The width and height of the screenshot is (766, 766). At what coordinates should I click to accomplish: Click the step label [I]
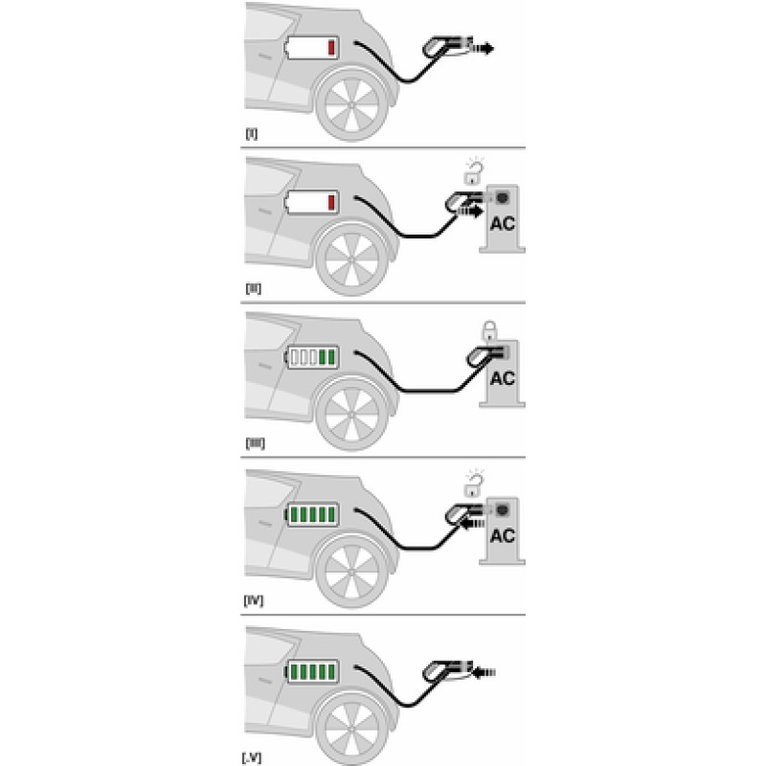[251, 133]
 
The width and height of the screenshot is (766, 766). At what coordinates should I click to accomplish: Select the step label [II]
[253, 288]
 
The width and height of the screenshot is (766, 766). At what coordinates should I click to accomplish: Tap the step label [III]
[255, 443]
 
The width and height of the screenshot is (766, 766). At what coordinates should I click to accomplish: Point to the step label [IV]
[254, 600]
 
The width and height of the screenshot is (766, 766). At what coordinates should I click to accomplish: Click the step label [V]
[252, 757]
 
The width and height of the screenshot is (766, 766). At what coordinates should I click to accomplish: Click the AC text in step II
[502, 224]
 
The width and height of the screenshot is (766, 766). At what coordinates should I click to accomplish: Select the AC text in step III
[502, 378]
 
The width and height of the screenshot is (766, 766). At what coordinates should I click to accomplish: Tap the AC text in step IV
[502, 536]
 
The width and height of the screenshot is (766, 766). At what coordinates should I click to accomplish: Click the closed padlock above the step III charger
[489, 330]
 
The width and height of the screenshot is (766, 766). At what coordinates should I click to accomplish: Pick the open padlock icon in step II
[473, 173]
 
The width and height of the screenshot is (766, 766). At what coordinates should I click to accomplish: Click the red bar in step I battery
[331, 47]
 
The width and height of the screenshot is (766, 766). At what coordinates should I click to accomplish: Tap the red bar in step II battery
[331, 202]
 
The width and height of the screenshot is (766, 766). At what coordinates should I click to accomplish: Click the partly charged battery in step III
[312, 357]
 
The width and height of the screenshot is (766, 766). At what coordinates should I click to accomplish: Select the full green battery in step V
[312, 672]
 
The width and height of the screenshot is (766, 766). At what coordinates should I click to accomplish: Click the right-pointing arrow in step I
[482, 49]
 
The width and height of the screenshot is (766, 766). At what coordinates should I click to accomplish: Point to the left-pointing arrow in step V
[484, 673]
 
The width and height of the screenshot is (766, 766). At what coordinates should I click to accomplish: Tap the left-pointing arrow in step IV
[472, 524]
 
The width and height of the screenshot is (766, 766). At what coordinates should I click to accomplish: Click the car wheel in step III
[351, 415]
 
